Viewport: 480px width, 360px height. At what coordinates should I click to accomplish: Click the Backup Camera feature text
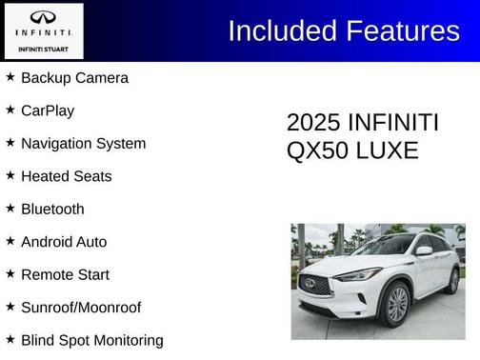pyautogui.click(x=74, y=78)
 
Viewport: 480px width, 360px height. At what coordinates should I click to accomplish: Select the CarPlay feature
pyautogui.click(x=48, y=110)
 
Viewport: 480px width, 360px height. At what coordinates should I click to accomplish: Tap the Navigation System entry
pyautogui.click(x=83, y=144)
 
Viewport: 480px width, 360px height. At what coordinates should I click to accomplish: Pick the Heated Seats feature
pyautogui.click(x=66, y=176)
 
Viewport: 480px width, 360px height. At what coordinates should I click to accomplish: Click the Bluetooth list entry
pyautogui.click(x=52, y=210)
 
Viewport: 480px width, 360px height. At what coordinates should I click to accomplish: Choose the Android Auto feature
pyautogui.click(x=64, y=242)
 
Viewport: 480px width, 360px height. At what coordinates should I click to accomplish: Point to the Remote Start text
pyautogui.click(x=65, y=275)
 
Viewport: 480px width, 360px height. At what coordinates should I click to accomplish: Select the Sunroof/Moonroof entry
pyautogui.click(x=81, y=308)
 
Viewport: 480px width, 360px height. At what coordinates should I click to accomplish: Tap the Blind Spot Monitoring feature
pyautogui.click(x=91, y=340)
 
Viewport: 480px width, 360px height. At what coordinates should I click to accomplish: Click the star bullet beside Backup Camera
pyautogui.click(x=10, y=76)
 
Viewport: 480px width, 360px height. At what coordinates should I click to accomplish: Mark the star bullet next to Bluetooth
pyautogui.click(x=10, y=208)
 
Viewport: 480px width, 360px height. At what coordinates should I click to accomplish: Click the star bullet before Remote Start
pyautogui.click(x=10, y=273)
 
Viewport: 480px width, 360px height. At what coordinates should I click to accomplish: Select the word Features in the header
pyautogui.click(x=404, y=30)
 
